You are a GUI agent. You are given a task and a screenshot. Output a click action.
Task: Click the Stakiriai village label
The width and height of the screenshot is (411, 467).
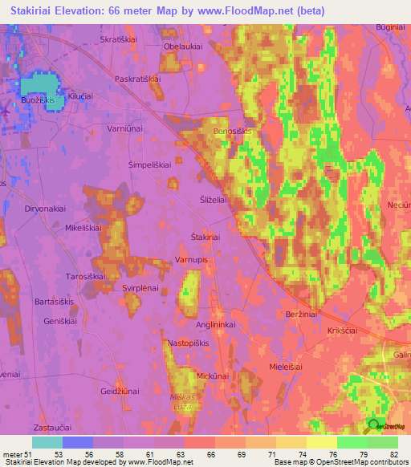(x=205, y=237)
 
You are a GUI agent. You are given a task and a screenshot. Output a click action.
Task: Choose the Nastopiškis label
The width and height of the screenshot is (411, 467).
(x=188, y=343)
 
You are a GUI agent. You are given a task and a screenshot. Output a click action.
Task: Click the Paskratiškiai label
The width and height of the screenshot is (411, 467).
(x=139, y=79)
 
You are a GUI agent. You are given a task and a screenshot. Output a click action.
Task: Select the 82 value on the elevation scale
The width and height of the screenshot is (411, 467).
(x=393, y=455)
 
